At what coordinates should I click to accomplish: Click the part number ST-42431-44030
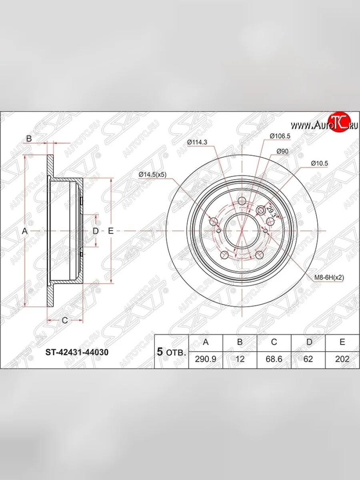coord(77,352)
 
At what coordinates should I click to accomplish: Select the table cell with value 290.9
coord(205,359)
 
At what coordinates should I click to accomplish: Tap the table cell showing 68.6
coord(274,359)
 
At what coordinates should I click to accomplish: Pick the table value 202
coord(342,359)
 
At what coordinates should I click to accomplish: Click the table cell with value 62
coord(308,359)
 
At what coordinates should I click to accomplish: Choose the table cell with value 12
coord(240,359)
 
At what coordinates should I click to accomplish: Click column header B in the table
coord(240,342)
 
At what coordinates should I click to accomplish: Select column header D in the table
coord(308,342)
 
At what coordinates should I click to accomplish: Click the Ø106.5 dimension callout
coord(280,136)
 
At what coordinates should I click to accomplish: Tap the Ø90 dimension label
coord(282,152)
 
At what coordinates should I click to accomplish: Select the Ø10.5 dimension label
coord(320,163)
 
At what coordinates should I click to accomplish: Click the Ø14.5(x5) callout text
coord(152,174)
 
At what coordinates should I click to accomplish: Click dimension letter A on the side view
coord(24,231)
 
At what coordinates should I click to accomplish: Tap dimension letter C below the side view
coord(64,320)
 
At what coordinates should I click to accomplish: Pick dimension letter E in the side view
coord(111,231)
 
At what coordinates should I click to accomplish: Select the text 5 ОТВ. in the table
coord(171,352)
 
